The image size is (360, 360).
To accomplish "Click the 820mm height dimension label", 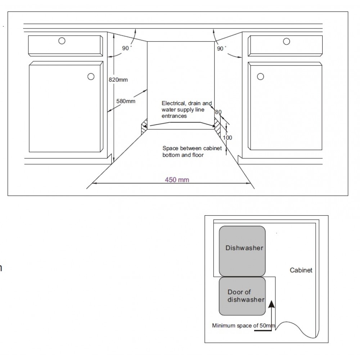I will pos(118,80).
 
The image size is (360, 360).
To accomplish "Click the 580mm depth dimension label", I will pos(126,101).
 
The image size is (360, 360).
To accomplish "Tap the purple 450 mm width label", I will pos(177,180).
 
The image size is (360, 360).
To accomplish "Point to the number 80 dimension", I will pos(218,112).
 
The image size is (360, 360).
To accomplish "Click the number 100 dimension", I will pos(228,138).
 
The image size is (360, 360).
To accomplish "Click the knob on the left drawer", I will pos(62,41).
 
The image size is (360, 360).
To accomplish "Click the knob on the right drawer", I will pos(287,41).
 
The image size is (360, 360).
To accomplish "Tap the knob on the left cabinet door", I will pos(91,76).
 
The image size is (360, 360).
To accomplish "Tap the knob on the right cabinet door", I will pos(260,76).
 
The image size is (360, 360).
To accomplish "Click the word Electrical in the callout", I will pos(172,103).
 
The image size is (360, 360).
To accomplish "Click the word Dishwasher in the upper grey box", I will pos(244,248).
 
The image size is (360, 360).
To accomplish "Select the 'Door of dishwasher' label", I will pos(246,296).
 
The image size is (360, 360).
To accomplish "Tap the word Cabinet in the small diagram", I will pos(301,270).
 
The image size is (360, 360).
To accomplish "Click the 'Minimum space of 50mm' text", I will pos(243,326).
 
